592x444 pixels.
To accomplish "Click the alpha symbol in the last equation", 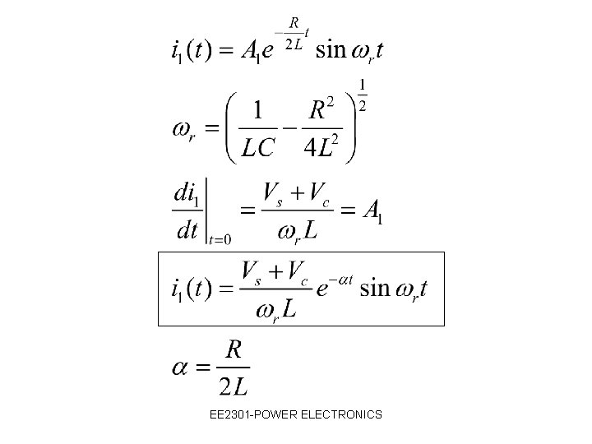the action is pos(182,367).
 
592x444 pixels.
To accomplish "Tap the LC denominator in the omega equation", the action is pos(259,147).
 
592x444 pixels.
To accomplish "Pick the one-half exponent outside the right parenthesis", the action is pos(363,95).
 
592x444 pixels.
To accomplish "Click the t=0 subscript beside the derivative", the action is pos(219,239).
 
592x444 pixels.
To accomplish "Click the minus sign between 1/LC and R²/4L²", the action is pos(289,128).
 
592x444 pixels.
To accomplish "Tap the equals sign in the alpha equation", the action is pos(206,368).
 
